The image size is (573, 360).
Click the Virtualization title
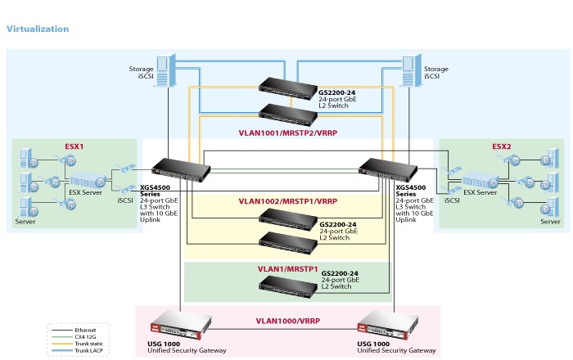38,29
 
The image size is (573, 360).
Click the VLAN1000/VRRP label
286,322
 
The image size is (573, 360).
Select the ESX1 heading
74,146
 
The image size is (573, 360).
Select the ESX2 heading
501,146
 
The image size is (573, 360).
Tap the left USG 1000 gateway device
178,321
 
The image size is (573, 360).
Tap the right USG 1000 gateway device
395,321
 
